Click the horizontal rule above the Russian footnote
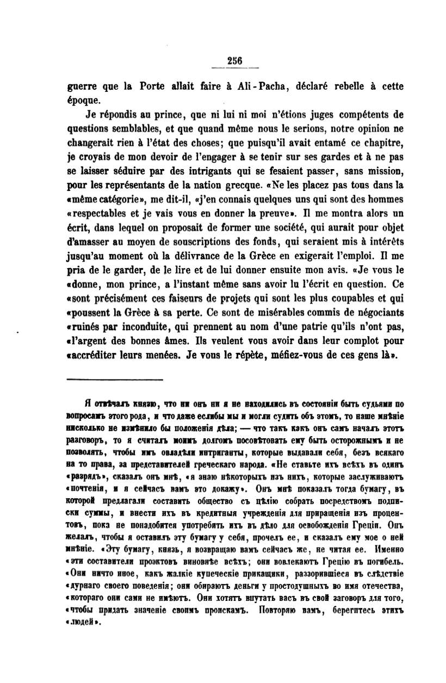115,379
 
